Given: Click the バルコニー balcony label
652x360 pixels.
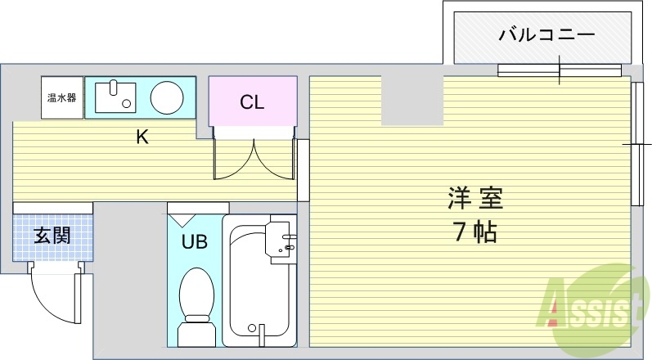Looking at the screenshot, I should [x=535, y=34].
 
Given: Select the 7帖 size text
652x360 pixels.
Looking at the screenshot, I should [x=474, y=232].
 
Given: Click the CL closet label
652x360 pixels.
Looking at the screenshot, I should [x=251, y=102].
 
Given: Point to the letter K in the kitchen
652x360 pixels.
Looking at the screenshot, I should [x=142, y=137].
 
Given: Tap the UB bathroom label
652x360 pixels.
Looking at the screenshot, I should [x=194, y=241].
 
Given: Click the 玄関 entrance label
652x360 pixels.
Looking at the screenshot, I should [x=52, y=236].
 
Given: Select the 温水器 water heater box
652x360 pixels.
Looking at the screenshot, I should [x=61, y=98].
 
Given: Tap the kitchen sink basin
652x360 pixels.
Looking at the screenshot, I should [x=115, y=97].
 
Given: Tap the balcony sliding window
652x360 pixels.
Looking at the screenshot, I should [x=560, y=70].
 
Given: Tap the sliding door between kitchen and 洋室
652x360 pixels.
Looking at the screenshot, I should [x=303, y=170].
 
